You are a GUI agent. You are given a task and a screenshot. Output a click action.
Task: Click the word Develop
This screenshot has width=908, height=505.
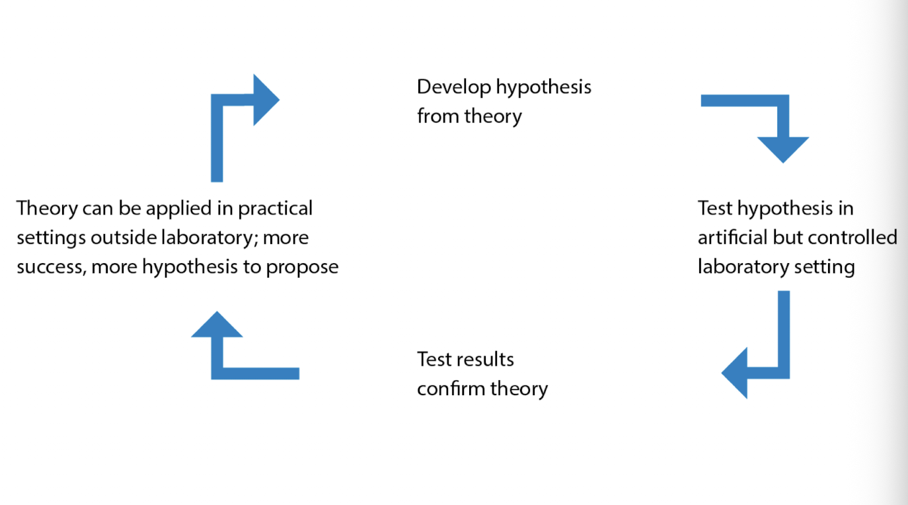(453, 87)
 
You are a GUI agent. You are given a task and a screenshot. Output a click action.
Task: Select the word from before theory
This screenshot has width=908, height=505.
(438, 116)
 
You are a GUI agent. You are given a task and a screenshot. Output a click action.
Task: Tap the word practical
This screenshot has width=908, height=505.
(275, 209)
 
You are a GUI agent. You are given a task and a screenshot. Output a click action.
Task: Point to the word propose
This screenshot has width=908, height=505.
(302, 267)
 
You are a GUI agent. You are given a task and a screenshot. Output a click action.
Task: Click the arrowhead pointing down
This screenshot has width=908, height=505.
(783, 149)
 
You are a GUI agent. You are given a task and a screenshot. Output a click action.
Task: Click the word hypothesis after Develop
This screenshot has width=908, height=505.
(543, 87)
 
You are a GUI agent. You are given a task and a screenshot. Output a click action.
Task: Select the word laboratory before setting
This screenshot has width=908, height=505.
(738, 267)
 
